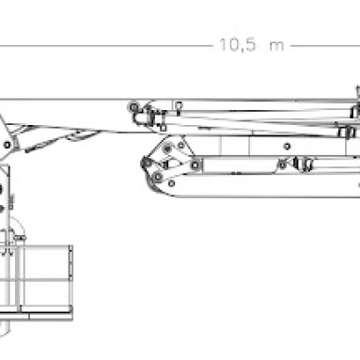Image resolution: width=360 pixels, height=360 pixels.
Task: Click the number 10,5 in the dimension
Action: tap(238, 45)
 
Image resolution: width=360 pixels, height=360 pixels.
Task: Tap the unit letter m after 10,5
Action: tap(276, 46)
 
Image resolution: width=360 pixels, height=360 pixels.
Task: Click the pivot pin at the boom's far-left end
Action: tap(7, 145)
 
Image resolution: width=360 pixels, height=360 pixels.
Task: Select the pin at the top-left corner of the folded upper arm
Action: tap(134, 107)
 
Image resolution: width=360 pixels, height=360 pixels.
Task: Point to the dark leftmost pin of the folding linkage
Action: tap(147, 163)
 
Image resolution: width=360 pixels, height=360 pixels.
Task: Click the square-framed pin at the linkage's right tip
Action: tap(196, 164)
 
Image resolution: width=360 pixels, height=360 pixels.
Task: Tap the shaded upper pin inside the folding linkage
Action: tap(167, 149)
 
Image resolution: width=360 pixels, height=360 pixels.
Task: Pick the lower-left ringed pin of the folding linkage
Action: tap(158, 177)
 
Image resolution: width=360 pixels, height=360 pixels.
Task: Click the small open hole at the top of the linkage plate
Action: tap(181, 145)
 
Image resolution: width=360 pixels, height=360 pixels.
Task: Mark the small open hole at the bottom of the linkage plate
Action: tap(171, 183)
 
